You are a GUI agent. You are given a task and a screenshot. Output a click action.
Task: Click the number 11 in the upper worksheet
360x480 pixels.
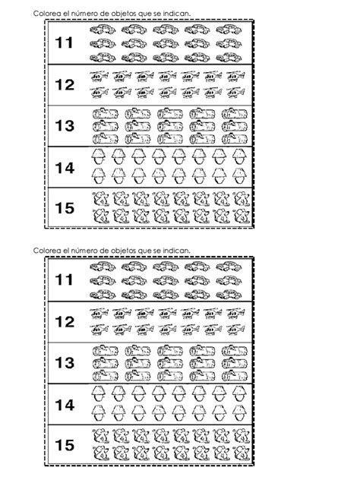pos(65,43)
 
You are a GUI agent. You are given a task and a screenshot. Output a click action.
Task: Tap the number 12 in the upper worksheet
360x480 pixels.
pos(65,84)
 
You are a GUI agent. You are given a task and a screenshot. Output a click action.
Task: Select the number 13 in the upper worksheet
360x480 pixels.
pos(65,125)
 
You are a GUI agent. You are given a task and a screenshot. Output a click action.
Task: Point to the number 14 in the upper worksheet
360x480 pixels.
pos(65,168)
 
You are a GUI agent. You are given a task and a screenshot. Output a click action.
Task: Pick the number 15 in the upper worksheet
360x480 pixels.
pos(65,208)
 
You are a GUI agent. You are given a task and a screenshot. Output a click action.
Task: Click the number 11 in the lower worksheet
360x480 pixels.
pos(65,279)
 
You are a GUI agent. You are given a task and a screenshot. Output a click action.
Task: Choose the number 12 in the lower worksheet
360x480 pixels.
pos(65,322)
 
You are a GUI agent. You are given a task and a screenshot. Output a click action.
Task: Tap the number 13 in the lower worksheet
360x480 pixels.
pos(65,363)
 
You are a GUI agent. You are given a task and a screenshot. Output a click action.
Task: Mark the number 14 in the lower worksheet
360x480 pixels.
pos(65,405)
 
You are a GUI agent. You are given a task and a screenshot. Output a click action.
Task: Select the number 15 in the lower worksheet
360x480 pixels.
pos(65,445)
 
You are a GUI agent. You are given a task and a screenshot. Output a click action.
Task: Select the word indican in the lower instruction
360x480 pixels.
pos(176,251)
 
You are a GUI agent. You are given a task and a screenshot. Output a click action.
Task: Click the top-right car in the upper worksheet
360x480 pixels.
pos(229,30)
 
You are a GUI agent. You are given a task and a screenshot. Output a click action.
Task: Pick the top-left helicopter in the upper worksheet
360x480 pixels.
pos(99,76)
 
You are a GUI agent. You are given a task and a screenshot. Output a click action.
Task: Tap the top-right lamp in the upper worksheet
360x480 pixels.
pos(239,156)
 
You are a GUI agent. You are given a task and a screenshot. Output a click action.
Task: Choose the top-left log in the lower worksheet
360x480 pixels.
pos(106,350)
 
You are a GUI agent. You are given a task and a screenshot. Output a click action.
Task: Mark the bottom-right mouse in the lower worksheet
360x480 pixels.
pos(242,453)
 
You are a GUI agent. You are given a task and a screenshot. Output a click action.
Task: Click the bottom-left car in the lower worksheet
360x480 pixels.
pos(103,295)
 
